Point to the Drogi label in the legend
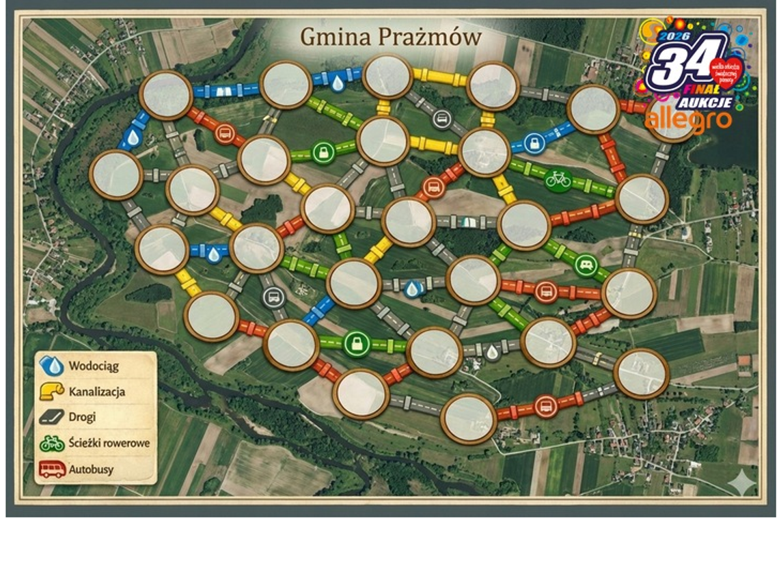tap(82, 417)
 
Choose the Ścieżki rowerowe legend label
tap(109, 443)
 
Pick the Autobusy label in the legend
tap(91, 470)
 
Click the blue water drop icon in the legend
tap(51, 366)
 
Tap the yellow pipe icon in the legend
tap(52, 391)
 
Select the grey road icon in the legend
tap(51, 417)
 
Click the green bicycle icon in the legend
tap(52, 444)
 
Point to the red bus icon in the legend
tap(52, 470)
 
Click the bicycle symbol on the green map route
tap(558, 180)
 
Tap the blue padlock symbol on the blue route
tap(532, 144)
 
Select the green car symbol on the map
tap(585, 265)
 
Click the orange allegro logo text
tap(689, 121)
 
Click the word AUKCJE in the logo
tap(706, 103)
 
